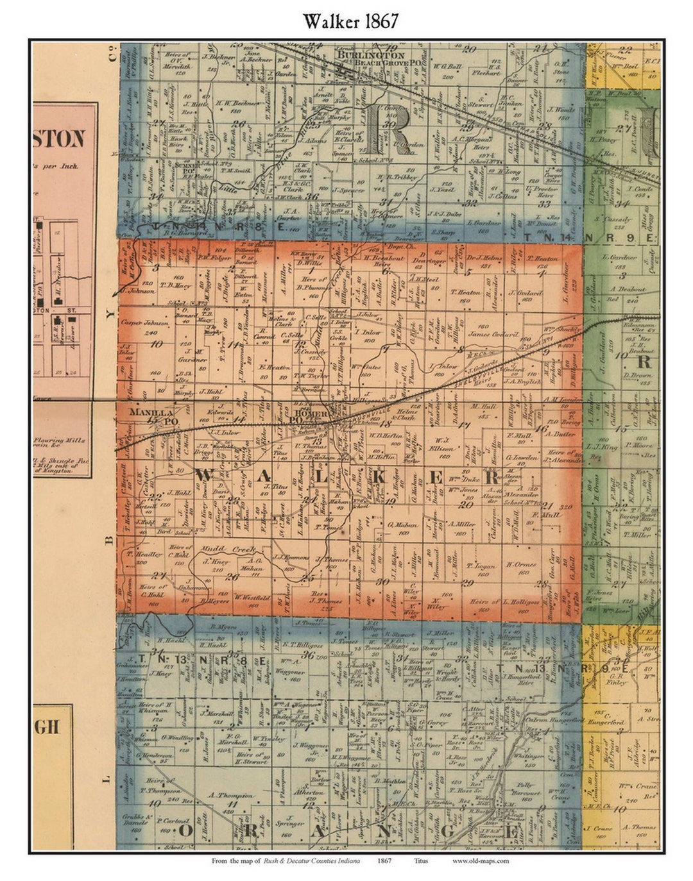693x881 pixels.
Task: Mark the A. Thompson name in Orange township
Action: click(232, 796)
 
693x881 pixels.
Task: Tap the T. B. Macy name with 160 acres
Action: click(158, 285)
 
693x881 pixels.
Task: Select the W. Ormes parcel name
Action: click(520, 565)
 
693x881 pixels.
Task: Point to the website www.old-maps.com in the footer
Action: click(480, 861)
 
